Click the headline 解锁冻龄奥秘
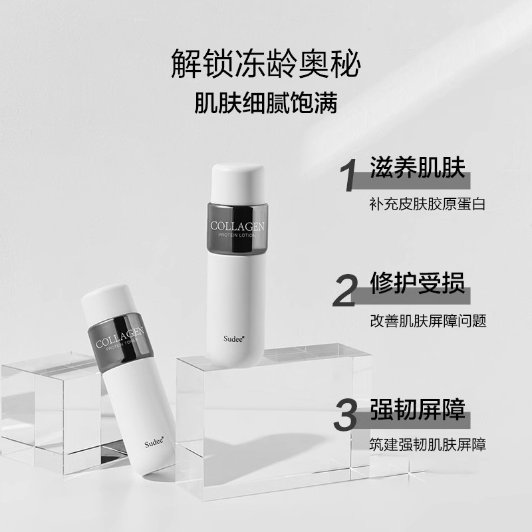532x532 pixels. [x=265, y=64]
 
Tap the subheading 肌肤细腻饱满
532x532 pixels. [x=265, y=104]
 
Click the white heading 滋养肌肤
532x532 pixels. [x=418, y=170]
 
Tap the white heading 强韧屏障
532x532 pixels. [x=418, y=406]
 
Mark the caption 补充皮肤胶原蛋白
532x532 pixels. [x=428, y=204]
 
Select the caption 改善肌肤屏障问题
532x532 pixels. [x=428, y=321]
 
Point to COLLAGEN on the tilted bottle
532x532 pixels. [x=121, y=336]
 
